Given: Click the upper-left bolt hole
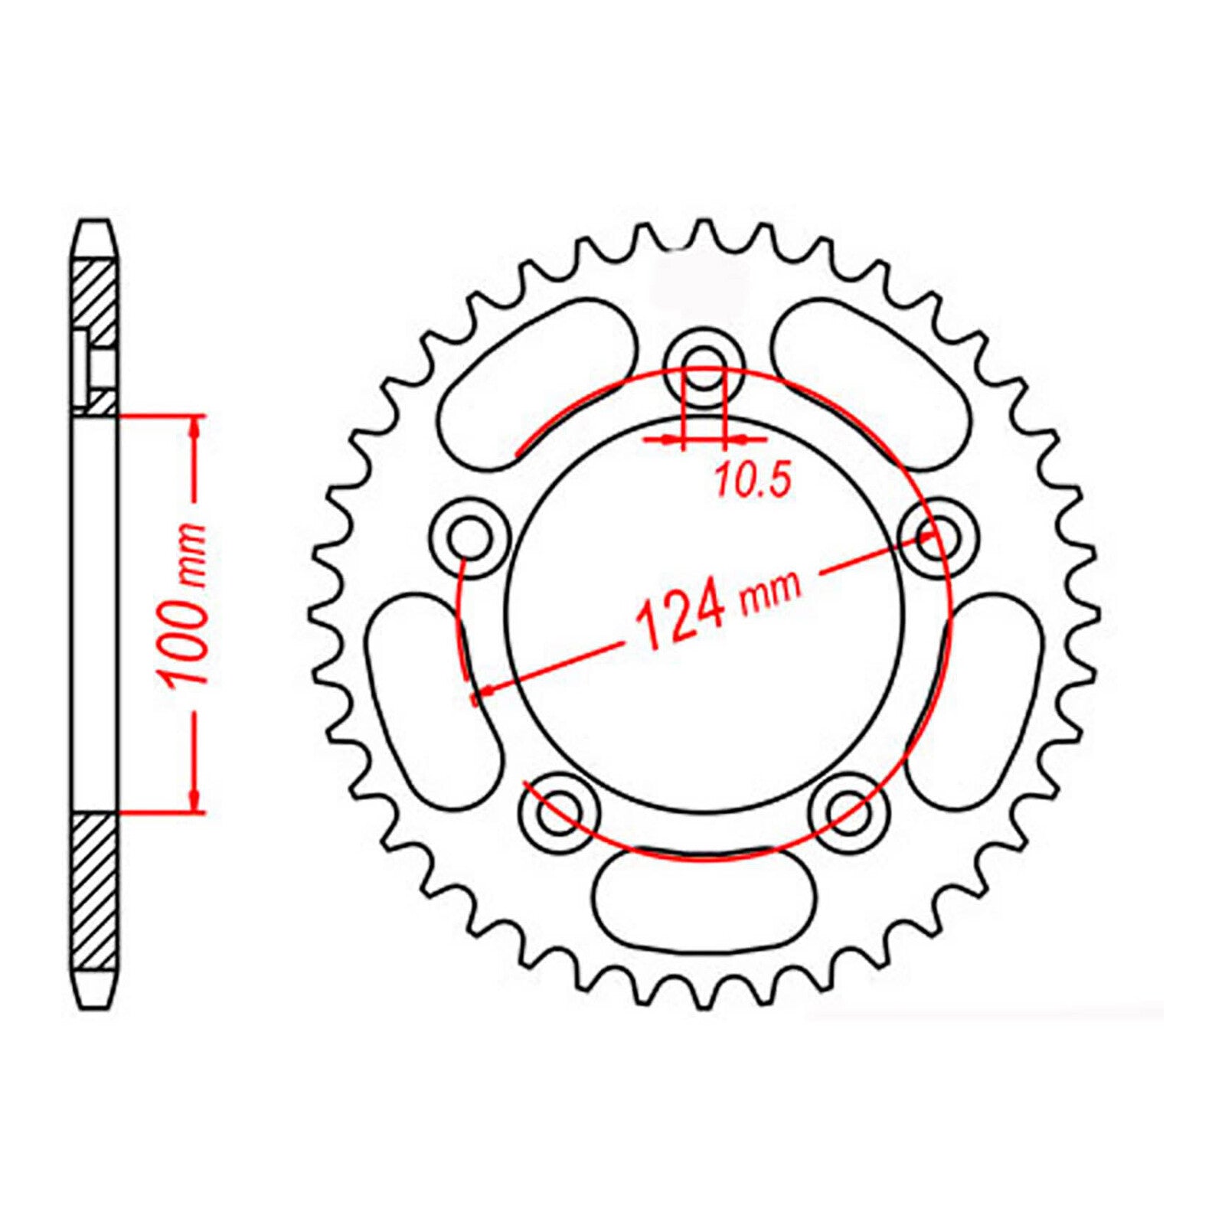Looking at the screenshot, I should pos(468,538).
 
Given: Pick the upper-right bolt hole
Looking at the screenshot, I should pos(938,536).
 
